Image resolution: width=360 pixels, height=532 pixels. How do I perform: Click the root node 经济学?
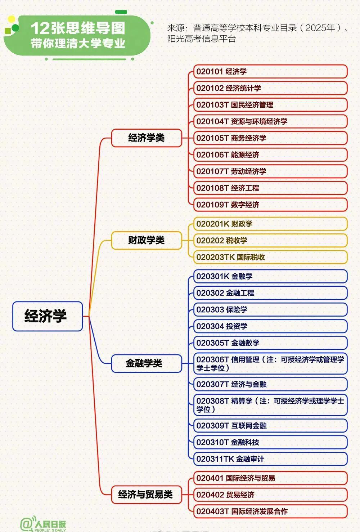tap(48, 316)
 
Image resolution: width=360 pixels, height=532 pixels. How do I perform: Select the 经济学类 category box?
tap(147, 138)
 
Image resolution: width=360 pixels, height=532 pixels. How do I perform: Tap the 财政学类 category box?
tap(147, 240)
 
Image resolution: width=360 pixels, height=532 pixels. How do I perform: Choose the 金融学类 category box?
tap(147, 363)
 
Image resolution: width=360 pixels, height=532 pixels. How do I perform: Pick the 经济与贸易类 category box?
tap(147, 495)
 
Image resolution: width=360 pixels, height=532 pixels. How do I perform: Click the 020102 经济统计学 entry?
tap(270, 88)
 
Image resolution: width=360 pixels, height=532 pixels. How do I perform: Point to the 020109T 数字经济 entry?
tap(270, 205)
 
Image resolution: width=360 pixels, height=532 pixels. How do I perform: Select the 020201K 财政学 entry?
tap(270, 224)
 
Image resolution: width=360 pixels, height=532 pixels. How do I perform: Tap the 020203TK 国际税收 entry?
tap(270, 257)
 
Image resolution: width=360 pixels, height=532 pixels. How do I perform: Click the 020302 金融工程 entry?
tap(270, 293)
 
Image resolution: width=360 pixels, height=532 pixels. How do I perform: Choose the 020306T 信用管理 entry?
tap(270, 364)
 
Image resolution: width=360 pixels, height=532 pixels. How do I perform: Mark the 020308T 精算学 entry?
tap(270, 405)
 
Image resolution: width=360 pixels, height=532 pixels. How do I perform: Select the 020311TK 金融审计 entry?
tap(270, 459)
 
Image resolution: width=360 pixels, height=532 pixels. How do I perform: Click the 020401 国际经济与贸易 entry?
tap(270, 478)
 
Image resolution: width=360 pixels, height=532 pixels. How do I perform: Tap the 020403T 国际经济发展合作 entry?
tap(270, 511)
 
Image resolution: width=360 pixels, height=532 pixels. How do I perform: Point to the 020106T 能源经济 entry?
tap(270, 155)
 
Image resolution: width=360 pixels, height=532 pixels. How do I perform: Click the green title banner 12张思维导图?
tap(77, 35)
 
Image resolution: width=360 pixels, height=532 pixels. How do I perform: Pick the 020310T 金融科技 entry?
tap(270, 442)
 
